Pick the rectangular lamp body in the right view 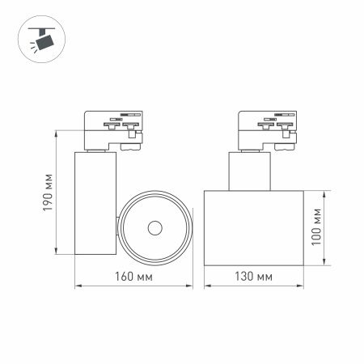pyautogui.click(x=253, y=227)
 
